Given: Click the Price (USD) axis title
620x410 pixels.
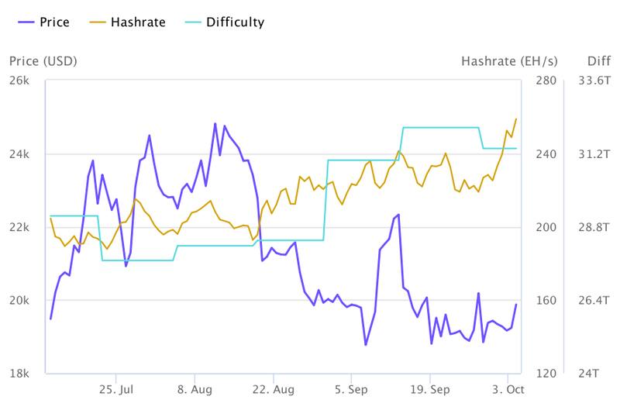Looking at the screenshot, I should [x=43, y=60].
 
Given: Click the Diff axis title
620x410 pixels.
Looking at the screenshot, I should [x=577, y=60].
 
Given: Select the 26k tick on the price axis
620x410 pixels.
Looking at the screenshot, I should [x=20, y=81].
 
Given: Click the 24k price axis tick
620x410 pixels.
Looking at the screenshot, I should [x=20, y=154].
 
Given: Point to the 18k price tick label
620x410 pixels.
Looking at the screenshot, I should [x=20, y=374].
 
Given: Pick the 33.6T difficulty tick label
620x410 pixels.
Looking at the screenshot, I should [x=590, y=81].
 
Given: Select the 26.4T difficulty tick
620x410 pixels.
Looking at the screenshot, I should [x=590, y=301].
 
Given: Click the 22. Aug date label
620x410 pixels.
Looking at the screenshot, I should [x=273, y=389].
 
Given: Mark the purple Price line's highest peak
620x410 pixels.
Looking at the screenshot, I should [x=215, y=123].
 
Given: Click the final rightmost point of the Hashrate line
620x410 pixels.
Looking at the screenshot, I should [x=516, y=119].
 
